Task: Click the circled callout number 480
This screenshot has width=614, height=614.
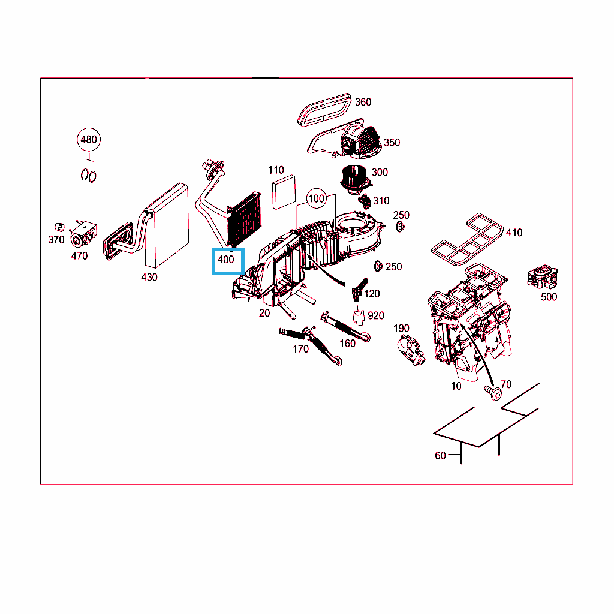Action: [x=89, y=139]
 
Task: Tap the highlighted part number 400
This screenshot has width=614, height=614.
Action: [x=226, y=260]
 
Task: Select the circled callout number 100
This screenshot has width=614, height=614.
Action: [x=316, y=199]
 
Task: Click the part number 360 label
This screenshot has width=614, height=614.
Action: [x=363, y=102]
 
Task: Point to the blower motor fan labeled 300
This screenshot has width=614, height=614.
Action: [x=354, y=180]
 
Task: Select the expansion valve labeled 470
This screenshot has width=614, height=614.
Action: [x=83, y=234]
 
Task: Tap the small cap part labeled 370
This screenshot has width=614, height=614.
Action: [x=59, y=227]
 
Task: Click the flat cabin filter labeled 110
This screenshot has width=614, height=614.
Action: [x=284, y=192]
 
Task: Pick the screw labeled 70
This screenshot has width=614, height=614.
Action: [x=493, y=392]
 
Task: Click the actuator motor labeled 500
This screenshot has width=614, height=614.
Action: [x=542, y=276]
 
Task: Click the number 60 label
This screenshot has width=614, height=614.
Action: [x=440, y=456]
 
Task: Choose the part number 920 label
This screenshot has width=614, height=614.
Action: [x=376, y=315]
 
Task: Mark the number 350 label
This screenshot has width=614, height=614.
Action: [x=392, y=143]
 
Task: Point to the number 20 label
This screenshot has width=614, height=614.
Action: [x=264, y=313]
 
